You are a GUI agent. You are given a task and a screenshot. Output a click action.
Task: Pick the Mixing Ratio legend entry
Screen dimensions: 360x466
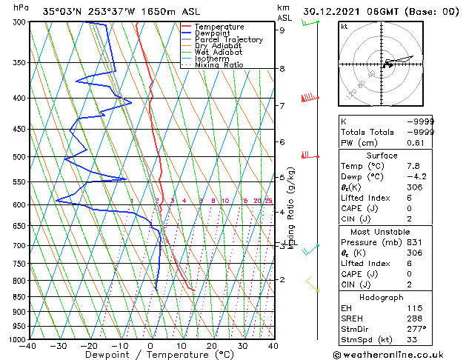click(x=219, y=65)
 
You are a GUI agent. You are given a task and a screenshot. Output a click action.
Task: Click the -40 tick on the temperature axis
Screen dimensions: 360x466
click(x=29, y=346)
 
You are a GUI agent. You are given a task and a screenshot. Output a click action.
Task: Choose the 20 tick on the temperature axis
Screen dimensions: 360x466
click(x=212, y=346)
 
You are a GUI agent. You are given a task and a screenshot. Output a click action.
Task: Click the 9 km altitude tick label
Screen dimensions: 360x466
click(x=282, y=30)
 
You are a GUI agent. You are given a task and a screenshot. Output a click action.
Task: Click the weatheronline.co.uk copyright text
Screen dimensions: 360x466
click(x=398, y=355)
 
